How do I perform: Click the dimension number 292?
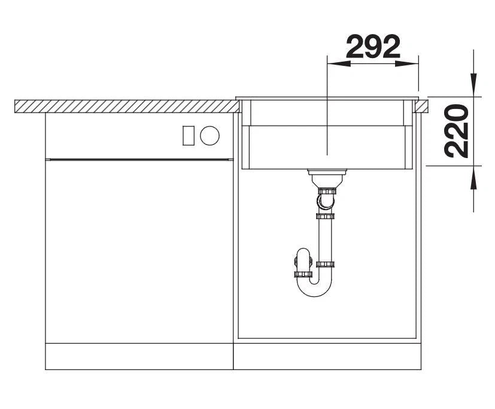(x=373, y=47)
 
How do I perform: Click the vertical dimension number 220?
(x=456, y=131)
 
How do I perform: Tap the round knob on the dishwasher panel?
(x=209, y=135)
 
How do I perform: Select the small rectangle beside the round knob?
(x=189, y=135)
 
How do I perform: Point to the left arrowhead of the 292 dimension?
(x=339, y=63)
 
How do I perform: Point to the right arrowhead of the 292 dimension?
(x=406, y=63)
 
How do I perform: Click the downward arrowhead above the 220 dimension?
(x=473, y=84)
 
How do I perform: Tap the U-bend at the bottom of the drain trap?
(x=314, y=289)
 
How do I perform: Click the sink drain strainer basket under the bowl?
(x=327, y=178)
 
